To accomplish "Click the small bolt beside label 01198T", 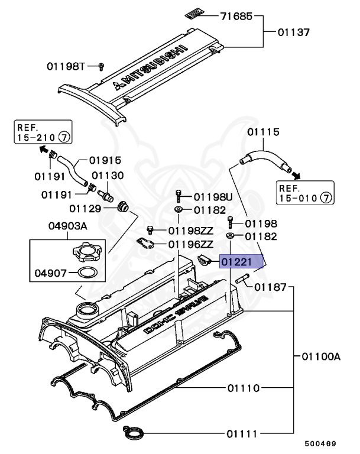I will (x=101, y=66).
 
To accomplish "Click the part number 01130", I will (x=108, y=176).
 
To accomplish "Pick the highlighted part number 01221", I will (x=239, y=261).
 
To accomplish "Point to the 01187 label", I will (x=271, y=287).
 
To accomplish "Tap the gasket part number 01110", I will (x=243, y=388).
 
